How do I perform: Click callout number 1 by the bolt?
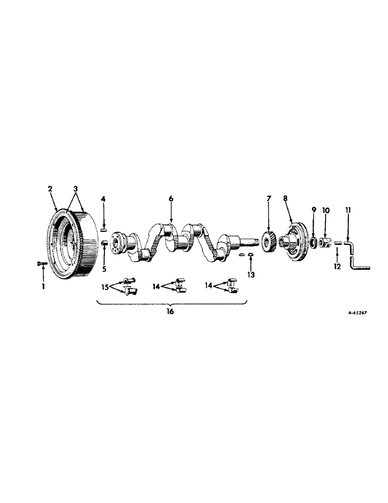[x=43, y=286]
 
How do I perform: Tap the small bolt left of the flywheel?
[x=42, y=263]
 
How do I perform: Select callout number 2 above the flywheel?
[x=50, y=189]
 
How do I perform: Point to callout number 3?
[x=76, y=189]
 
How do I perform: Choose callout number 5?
[x=104, y=255]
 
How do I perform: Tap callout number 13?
[x=251, y=275]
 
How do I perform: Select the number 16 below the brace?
[x=170, y=312]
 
